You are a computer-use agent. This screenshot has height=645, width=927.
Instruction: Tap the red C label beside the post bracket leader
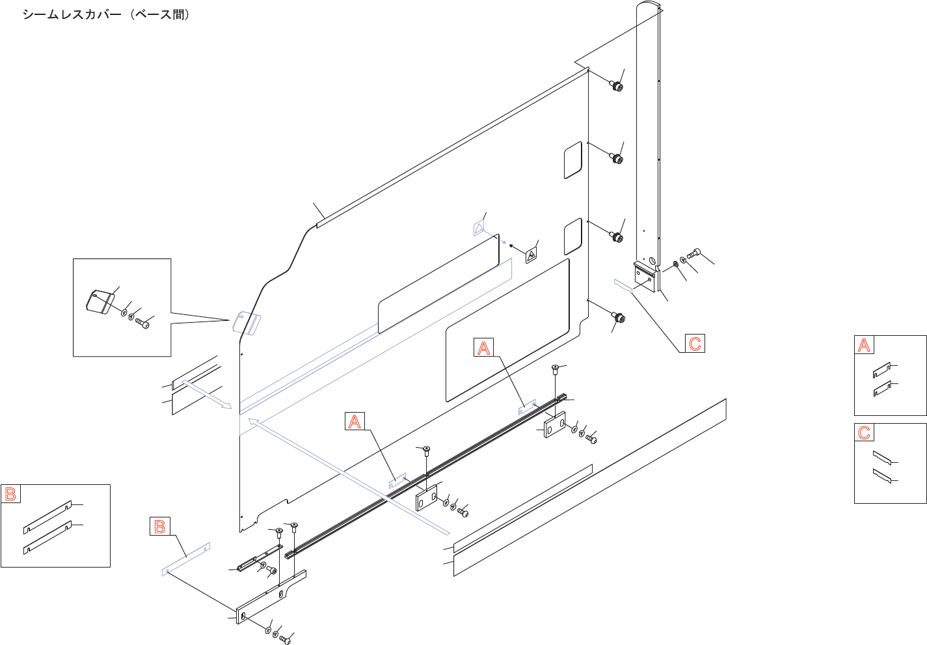(x=695, y=344)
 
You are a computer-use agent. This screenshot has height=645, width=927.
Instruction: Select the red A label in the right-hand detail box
(x=864, y=345)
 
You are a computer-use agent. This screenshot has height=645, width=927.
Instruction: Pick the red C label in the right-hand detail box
(x=864, y=433)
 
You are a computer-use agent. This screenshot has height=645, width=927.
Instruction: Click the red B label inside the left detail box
(x=10, y=494)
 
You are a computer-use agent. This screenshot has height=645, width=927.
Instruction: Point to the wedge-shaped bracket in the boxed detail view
(x=100, y=301)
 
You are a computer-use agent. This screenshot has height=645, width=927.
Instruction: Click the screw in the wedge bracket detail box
(x=143, y=322)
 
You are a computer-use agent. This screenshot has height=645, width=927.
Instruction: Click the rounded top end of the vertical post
(x=648, y=8)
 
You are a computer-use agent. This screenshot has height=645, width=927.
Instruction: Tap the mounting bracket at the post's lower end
(x=646, y=276)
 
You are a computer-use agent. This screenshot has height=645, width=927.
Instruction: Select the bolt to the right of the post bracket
(x=694, y=253)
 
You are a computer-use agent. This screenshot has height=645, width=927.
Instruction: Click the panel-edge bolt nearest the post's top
(x=616, y=86)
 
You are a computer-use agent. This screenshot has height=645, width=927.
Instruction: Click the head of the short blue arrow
(x=226, y=407)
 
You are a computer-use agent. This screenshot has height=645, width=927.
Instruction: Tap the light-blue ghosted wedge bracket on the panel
(x=247, y=322)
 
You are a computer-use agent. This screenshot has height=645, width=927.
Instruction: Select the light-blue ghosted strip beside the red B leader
(x=186, y=558)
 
